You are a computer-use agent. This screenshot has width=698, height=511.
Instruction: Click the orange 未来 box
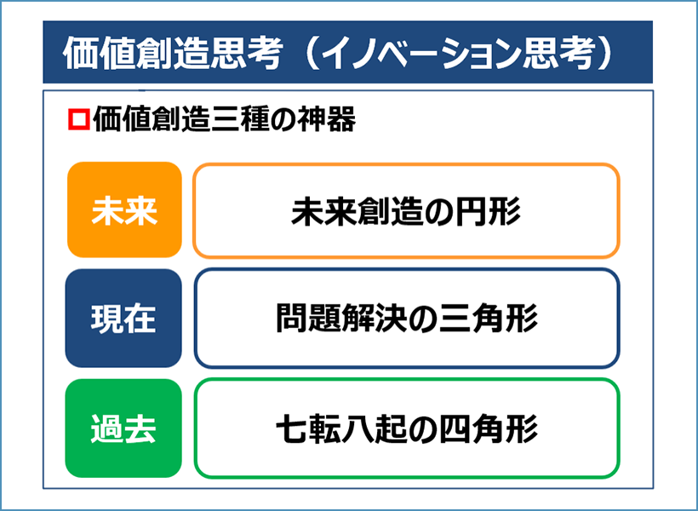tap(124, 210)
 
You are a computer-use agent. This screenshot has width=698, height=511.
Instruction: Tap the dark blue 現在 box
tap(123, 318)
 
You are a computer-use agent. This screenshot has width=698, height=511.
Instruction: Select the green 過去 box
tap(123, 428)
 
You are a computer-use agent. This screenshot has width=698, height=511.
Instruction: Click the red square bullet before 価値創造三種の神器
tap(79, 119)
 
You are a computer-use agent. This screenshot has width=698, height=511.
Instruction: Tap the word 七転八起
tap(341, 428)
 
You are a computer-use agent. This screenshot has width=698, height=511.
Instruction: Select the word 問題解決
tap(341, 319)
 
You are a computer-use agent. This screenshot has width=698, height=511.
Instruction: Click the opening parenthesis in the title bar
tap(307, 54)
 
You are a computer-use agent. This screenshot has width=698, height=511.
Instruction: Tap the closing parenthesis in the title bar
tap(605, 54)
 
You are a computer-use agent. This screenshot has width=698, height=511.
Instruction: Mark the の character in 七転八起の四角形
tap(423, 429)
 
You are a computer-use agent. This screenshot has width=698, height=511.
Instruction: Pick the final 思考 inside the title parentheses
tap(558, 54)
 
